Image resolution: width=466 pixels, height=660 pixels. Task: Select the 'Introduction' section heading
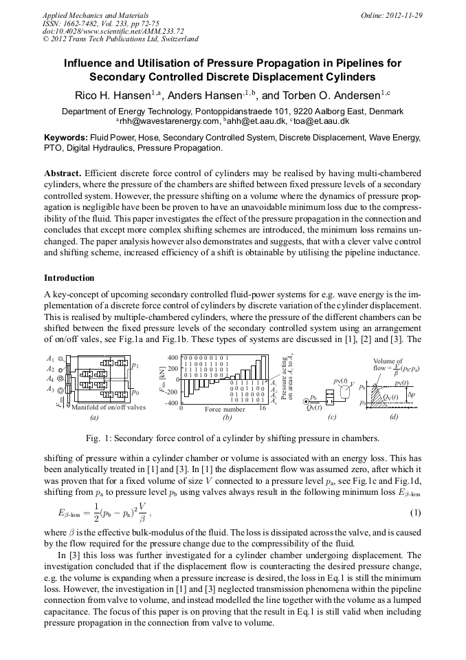pyautogui.click(x=69, y=278)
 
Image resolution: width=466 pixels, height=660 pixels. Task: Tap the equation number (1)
pyautogui.click(x=415, y=513)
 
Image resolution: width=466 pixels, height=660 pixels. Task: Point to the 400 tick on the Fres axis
pyautogui.click(x=173, y=358)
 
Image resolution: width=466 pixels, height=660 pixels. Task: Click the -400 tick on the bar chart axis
pyautogui.click(x=171, y=403)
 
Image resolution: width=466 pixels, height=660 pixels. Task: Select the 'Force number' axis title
pyautogui.click(x=225, y=409)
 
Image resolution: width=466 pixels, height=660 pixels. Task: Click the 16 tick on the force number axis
pyautogui.click(x=262, y=409)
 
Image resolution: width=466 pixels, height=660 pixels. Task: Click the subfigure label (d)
pyautogui.click(x=393, y=417)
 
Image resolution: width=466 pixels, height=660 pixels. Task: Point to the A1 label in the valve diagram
pyautogui.click(x=51, y=359)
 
